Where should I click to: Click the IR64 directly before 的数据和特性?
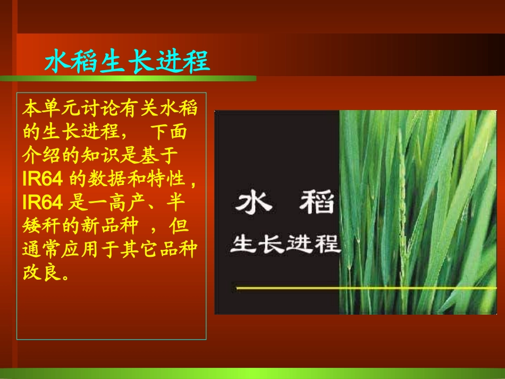43,179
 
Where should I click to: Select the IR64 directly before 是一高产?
43,202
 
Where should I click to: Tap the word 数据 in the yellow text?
105,179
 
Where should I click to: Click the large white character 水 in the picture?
251,203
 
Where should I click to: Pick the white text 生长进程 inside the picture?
284,245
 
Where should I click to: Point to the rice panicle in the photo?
402,202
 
